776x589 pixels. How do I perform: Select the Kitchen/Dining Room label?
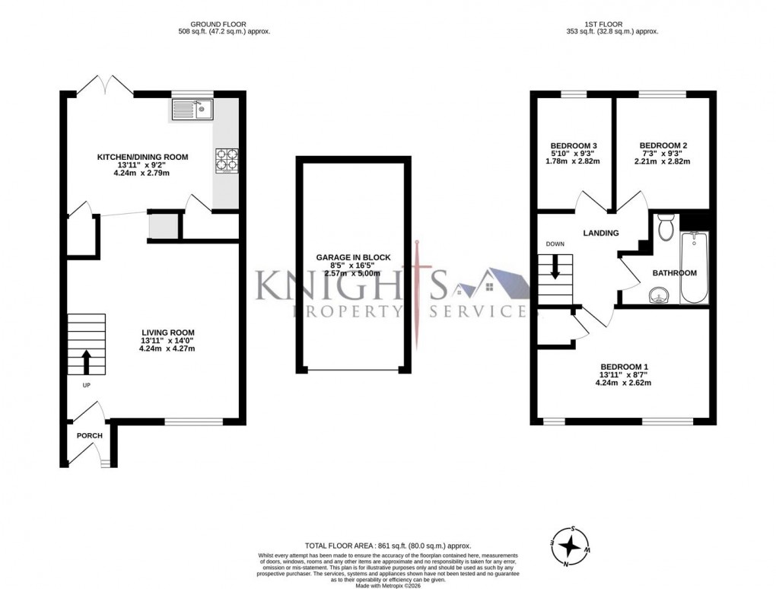pyautogui.click(x=142, y=157)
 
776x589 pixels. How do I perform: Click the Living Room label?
pyautogui.click(x=167, y=333)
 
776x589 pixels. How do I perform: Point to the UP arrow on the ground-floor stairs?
pyautogui.click(x=85, y=362)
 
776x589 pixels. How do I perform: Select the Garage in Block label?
pyautogui.click(x=353, y=258)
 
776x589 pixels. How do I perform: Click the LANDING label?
pyautogui.click(x=601, y=233)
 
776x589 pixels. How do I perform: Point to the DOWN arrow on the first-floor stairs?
pyautogui.click(x=555, y=266)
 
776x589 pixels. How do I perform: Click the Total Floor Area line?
pyautogui.click(x=388, y=546)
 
